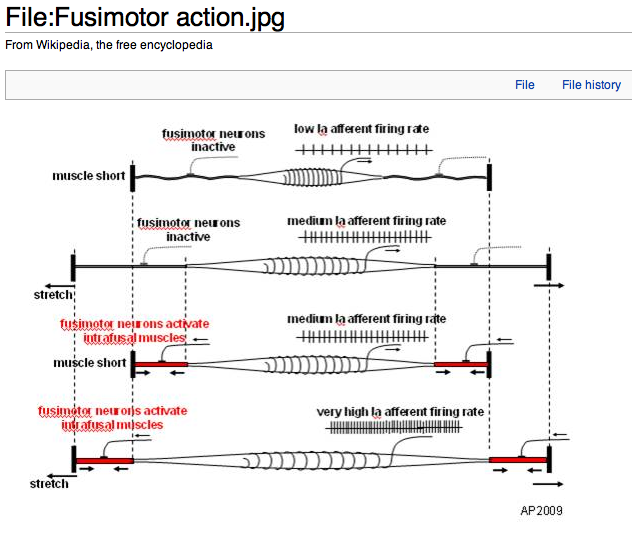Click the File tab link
click(x=525, y=85)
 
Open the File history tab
click(x=591, y=85)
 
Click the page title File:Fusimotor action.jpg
click(x=145, y=17)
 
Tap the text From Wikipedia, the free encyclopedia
click(x=109, y=45)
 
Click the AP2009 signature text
click(x=541, y=510)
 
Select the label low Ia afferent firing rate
click(x=361, y=129)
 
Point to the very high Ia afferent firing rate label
click(x=400, y=411)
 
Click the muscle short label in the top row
click(x=89, y=176)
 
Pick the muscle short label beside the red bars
click(x=89, y=363)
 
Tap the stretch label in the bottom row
click(x=50, y=484)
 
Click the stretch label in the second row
click(x=53, y=295)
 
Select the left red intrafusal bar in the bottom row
click(x=104, y=460)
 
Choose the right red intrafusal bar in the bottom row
click(x=518, y=460)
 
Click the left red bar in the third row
click(x=160, y=364)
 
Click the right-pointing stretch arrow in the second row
click(x=549, y=285)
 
